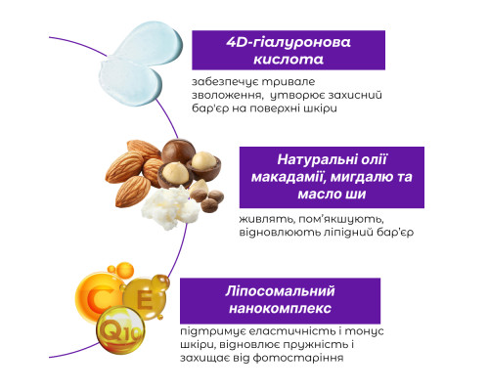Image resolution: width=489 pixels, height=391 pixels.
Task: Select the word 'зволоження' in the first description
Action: (x=225, y=97)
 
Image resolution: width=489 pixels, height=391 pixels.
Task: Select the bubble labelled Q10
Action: (x=117, y=334)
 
